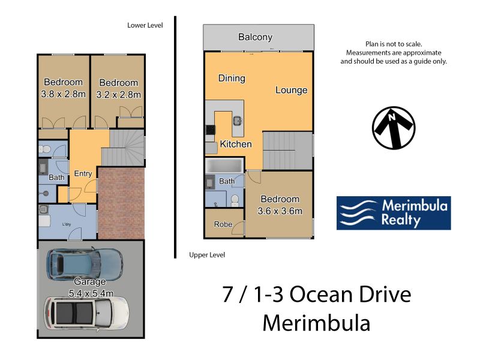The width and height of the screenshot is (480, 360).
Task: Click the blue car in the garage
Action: [85, 264]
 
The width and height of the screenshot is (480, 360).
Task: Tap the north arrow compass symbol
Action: [394, 128]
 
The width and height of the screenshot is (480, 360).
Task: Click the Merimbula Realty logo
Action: [394, 213]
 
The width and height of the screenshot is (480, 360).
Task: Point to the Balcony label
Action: [256, 37]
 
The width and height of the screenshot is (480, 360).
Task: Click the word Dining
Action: [232, 79]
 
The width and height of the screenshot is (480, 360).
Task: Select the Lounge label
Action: [292, 90]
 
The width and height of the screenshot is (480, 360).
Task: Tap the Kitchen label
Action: [236, 144]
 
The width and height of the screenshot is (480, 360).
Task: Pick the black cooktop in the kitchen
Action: [211, 130]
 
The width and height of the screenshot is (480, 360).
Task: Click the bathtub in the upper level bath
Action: [224, 166]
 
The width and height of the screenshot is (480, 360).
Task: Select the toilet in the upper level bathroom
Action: [235, 200]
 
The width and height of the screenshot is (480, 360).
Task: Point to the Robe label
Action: [223, 224]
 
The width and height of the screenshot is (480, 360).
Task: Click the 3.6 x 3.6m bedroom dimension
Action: [280, 211]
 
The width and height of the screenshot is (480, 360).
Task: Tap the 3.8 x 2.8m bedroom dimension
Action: [64, 94]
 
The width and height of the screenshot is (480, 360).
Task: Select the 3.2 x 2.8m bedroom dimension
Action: [118, 95]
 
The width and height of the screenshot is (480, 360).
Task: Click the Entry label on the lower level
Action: [83, 173]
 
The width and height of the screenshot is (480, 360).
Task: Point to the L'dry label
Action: [67, 224]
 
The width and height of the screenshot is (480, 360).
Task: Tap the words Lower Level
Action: [145, 25]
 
